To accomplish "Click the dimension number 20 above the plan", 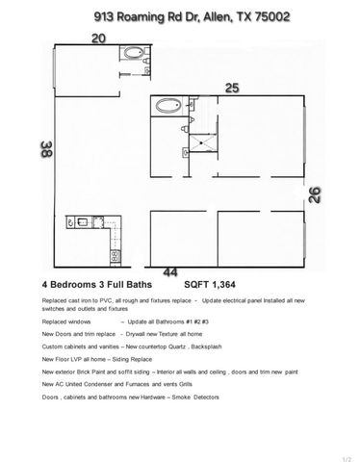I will (x=98, y=38).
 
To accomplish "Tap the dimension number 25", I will (x=231, y=88).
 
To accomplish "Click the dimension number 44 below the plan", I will (x=170, y=272).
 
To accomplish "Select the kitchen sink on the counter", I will (x=84, y=225).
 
